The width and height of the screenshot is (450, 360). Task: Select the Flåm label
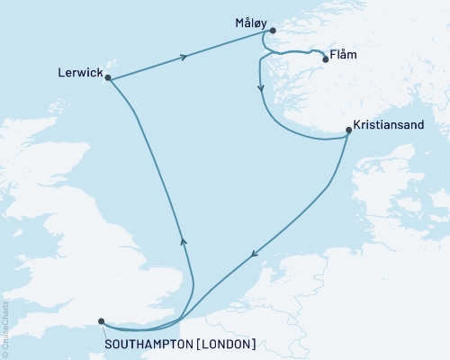[345, 56]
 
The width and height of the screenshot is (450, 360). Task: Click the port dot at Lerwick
[108, 78]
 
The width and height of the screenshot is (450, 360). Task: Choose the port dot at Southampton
[101, 321]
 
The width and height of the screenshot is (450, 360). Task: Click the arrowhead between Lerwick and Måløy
[184, 58]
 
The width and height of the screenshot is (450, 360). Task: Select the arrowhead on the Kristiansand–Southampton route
[255, 254]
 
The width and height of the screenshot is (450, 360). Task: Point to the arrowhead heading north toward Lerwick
[183, 240]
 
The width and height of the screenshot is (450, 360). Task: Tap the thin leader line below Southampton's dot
[105, 330]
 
